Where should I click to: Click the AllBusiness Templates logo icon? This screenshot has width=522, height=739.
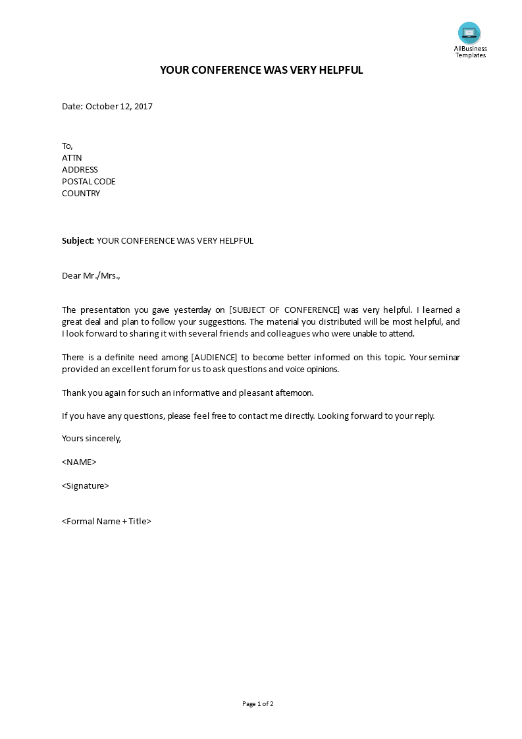click(469, 33)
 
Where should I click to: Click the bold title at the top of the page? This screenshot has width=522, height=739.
click(261, 70)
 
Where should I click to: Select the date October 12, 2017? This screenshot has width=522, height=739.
click(119, 106)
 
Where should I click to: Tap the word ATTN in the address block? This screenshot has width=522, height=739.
click(72, 158)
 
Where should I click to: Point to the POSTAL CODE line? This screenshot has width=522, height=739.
click(89, 182)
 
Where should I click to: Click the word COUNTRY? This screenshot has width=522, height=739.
click(81, 194)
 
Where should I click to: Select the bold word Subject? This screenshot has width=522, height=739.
click(78, 241)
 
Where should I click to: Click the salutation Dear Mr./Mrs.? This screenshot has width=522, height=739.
click(91, 276)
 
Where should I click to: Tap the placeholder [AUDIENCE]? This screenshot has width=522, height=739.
click(214, 358)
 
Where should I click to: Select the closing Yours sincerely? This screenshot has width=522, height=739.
click(91, 438)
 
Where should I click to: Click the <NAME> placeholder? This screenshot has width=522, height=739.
click(79, 462)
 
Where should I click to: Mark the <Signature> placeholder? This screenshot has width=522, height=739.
click(86, 486)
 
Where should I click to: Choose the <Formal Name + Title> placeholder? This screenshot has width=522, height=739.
click(107, 522)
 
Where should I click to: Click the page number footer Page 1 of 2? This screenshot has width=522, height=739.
click(258, 704)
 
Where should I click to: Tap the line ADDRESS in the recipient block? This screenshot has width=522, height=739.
click(80, 170)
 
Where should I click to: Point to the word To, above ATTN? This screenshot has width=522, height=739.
click(68, 146)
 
